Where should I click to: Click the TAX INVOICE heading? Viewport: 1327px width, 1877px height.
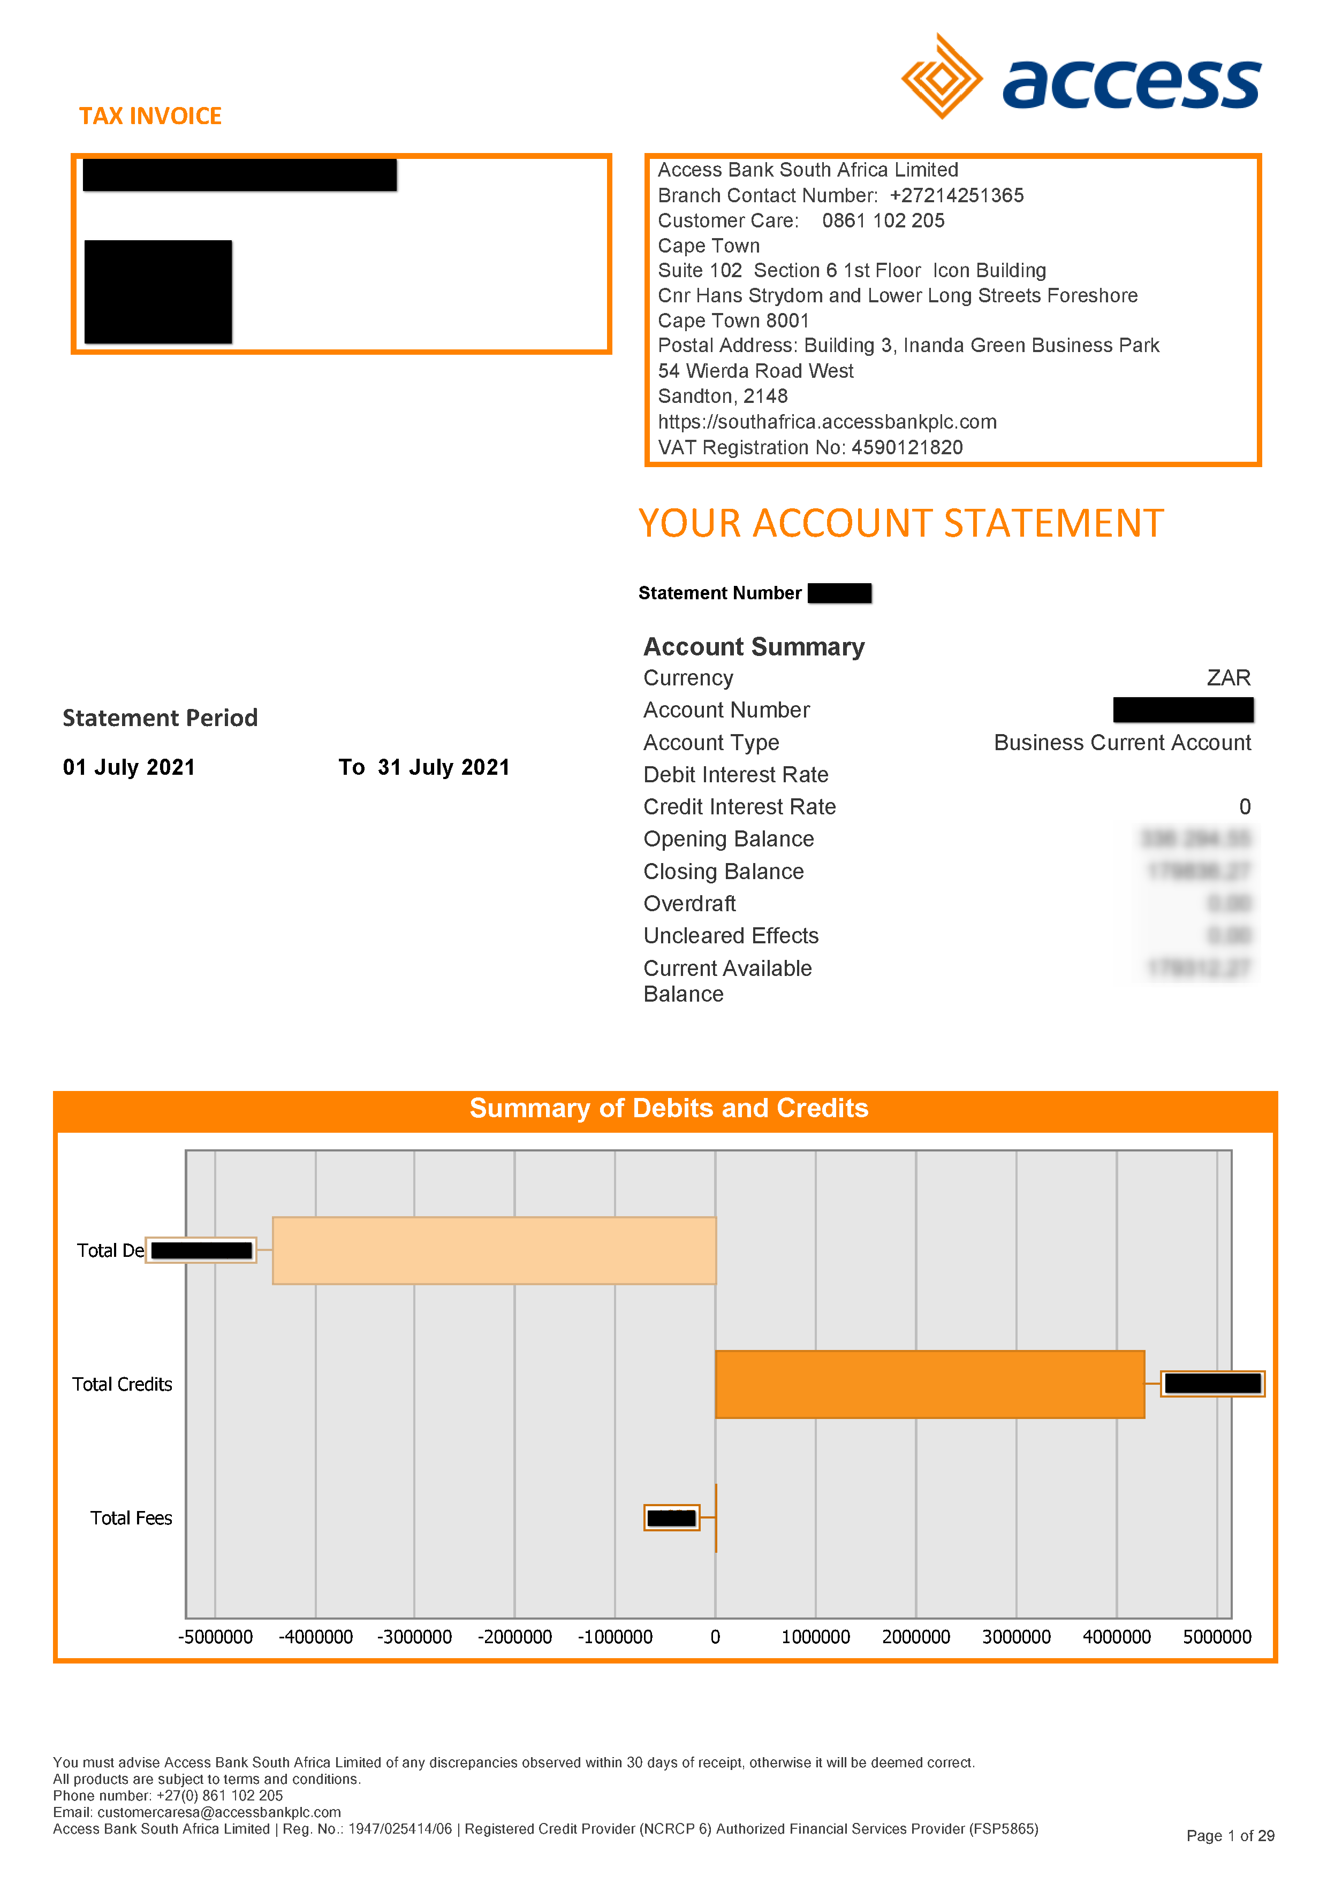point(150,116)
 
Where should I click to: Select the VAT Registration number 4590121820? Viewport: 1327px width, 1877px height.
point(907,447)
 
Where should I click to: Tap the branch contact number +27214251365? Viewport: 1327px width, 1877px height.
point(956,195)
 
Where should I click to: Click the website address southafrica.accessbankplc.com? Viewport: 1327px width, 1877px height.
point(828,422)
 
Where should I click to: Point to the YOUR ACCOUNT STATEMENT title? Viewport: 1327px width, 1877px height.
point(901,523)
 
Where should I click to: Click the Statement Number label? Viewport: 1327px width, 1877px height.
point(719,593)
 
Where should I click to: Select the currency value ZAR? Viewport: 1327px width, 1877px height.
point(1228,678)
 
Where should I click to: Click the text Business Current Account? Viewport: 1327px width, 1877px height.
point(1122,742)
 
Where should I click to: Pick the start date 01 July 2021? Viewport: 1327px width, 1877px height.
point(129,767)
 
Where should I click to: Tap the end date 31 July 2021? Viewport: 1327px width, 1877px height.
point(443,767)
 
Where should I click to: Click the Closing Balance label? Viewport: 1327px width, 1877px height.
point(724,872)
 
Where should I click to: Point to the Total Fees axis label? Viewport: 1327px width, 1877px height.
point(131,1518)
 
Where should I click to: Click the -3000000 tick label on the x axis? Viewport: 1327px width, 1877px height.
point(414,1637)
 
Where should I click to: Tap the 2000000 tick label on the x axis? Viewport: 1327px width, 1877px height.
point(916,1637)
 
